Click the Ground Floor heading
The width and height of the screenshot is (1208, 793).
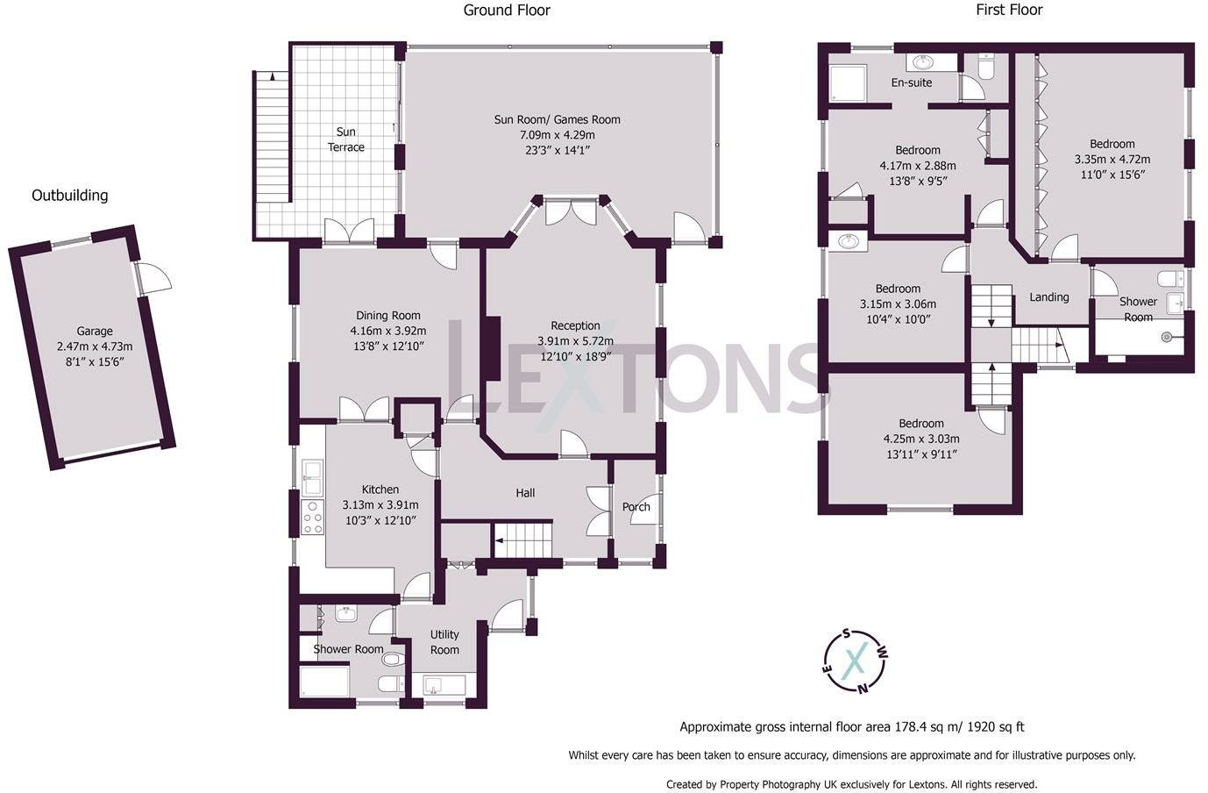(507, 11)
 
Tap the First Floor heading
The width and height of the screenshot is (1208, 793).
(1009, 10)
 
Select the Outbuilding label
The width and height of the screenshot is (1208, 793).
(69, 196)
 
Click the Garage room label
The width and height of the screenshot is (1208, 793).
(95, 331)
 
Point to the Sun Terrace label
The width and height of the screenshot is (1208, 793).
(345, 139)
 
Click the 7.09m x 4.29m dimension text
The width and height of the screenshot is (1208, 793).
(557, 135)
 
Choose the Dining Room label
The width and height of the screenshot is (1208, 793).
(387, 315)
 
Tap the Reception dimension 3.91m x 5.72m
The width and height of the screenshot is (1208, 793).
(575, 341)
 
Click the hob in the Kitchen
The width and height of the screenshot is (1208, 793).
(312, 517)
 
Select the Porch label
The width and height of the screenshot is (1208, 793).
(636, 507)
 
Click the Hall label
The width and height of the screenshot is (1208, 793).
(525, 493)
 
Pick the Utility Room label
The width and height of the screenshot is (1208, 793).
(444, 642)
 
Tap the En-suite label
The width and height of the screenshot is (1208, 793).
(912, 82)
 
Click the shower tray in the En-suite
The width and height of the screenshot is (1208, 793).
(847, 83)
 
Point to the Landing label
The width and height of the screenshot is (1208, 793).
(1049, 296)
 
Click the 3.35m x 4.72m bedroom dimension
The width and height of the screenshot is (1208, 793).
(1112, 160)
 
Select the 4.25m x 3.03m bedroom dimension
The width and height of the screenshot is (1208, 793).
(921, 439)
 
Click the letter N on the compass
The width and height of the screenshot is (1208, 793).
(863, 689)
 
